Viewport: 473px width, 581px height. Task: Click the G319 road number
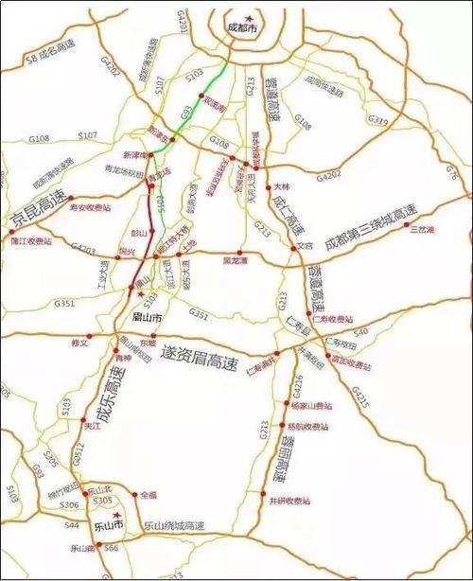[377, 120]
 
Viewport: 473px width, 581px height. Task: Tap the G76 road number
[450, 171]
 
